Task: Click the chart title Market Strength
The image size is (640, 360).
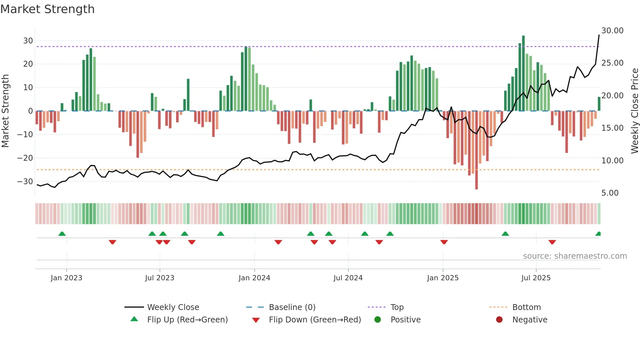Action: [x=47, y=9]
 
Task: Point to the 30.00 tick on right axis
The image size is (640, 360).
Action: [x=612, y=31]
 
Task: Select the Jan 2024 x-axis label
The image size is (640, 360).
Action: [x=254, y=278]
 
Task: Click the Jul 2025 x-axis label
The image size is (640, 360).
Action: [x=536, y=278]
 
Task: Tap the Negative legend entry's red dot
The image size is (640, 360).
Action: [x=499, y=320]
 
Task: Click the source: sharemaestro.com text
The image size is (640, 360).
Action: [x=575, y=256]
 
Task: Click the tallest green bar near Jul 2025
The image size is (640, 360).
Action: [x=523, y=74]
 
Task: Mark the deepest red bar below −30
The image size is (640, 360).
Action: [x=476, y=150]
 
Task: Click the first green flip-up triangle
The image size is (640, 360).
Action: [x=62, y=234]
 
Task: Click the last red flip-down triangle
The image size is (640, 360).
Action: [x=552, y=242]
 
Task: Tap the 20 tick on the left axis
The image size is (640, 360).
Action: [x=28, y=64]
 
